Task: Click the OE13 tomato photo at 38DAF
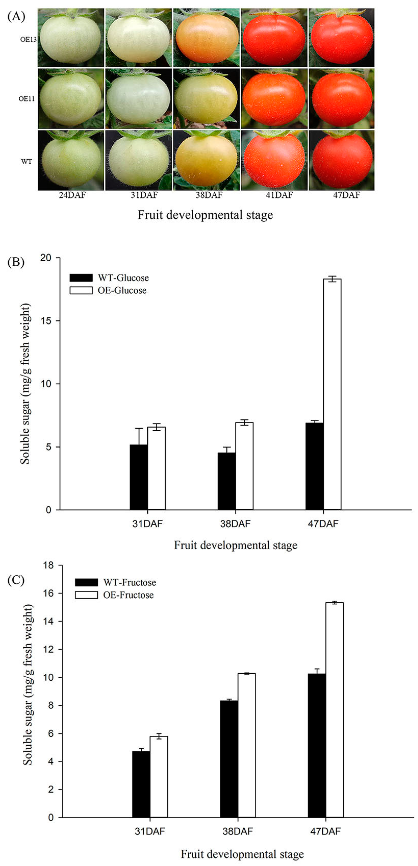(206, 38)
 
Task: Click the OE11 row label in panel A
(27, 99)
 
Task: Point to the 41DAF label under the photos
(279, 195)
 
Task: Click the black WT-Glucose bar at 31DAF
(139, 477)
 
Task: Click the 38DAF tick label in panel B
(235, 524)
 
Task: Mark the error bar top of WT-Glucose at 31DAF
(139, 428)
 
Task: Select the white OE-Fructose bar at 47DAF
(334, 709)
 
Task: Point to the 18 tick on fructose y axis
(48, 565)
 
